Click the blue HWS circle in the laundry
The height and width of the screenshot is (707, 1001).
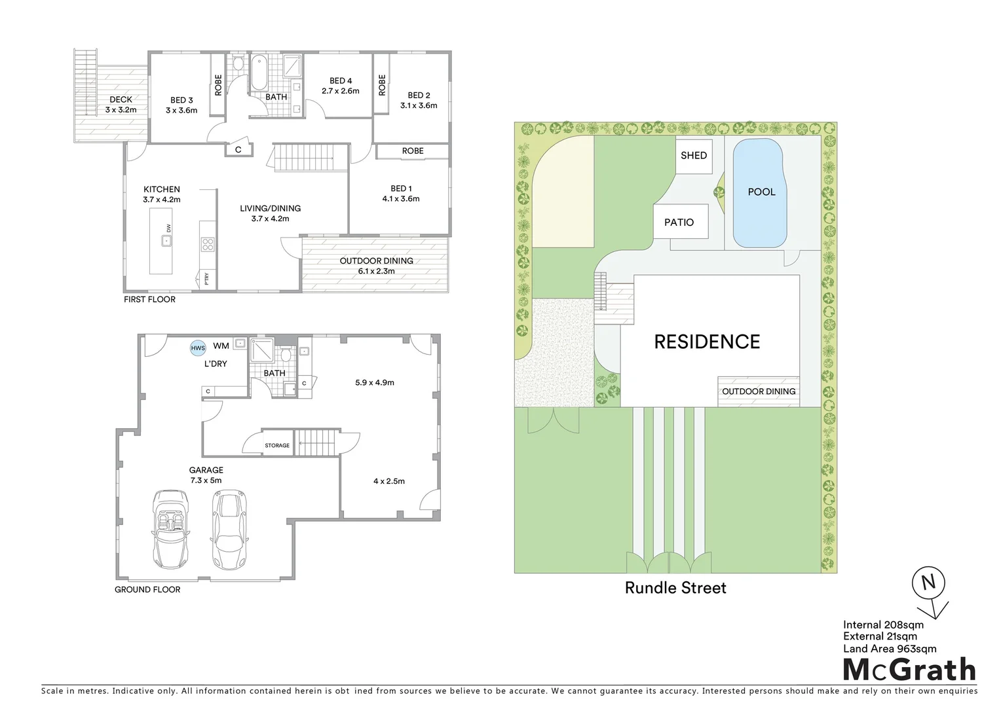pyautogui.click(x=198, y=348)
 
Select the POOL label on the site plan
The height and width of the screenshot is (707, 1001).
pyautogui.click(x=761, y=192)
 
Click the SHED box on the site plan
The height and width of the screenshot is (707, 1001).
pyautogui.click(x=694, y=156)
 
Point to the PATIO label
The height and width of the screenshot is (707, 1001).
pyautogui.click(x=679, y=223)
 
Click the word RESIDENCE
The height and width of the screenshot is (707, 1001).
pyautogui.click(x=707, y=342)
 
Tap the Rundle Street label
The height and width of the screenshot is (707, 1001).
pyautogui.click(x=675, y=588)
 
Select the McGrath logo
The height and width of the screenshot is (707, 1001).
pyautogui.click(x=909, y=670)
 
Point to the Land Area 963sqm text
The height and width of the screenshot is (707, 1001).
pyautogui.click(x=889, y=649)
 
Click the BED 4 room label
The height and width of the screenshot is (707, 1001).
pyautogui.click(x=341, y=86)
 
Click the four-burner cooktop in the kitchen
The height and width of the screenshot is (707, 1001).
pyautogui.click(x=208, y=245)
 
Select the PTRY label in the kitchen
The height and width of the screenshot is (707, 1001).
pyautogui.click(x=207, y=279)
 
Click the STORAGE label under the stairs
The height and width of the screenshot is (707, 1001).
pyautogui.click(x=277, y=445)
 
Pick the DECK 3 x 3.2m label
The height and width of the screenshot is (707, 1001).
pyautogui.click(x=121, y=105)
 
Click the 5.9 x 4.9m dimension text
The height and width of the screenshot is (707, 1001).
pyautogui.click(x=374, y=382)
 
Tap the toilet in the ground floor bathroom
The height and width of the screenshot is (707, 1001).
pyautogui.click(x=286, y=355)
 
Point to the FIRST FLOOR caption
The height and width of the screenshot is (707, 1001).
pyautogui.click(x=149, y=299)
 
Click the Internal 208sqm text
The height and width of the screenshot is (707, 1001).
pyautogui.click(x=883, y=625)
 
